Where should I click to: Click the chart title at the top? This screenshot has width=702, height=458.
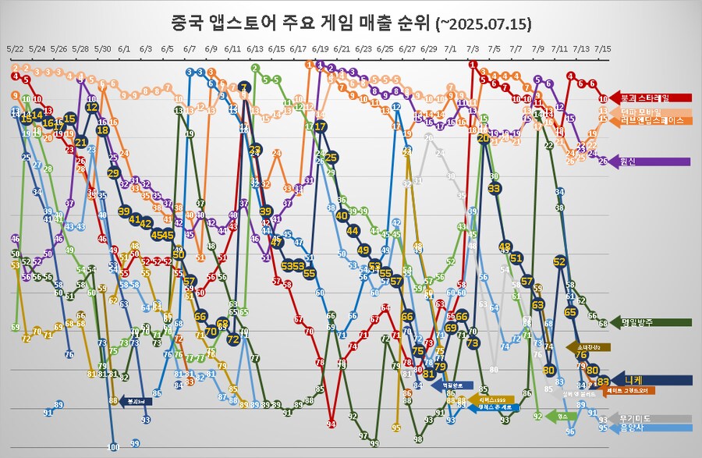351,23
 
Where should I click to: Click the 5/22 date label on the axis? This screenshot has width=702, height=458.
15,48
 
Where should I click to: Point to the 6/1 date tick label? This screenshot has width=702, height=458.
124,48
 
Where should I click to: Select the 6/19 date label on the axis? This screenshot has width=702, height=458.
320,48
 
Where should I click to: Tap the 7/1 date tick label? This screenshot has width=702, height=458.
450,48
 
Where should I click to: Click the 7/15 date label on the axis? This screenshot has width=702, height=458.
603,48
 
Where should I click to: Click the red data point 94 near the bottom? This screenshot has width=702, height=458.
331,424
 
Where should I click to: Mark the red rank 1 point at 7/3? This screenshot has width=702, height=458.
473,65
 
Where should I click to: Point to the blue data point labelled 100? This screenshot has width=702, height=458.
113,447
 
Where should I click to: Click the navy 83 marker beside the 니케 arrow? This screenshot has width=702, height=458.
603,381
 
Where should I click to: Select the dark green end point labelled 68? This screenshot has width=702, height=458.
603,322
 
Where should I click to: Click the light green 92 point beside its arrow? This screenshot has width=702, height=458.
537,417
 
